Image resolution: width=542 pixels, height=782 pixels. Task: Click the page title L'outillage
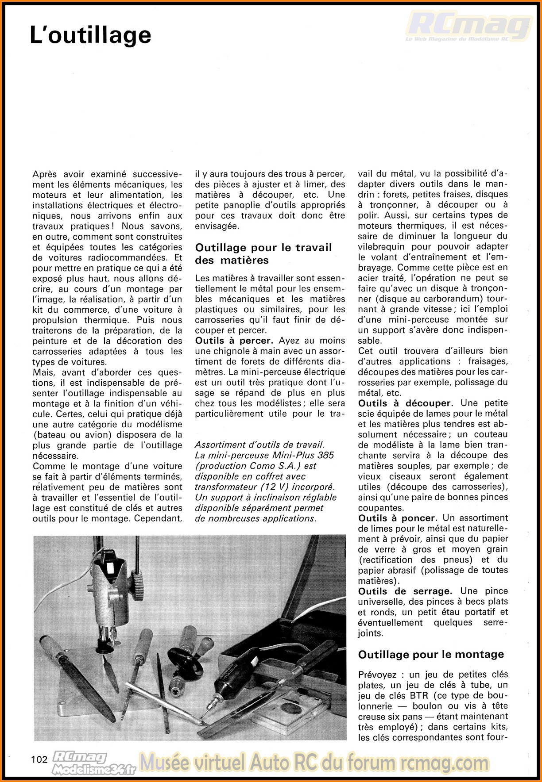[90, 35]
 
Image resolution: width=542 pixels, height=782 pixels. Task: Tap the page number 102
[39, 759]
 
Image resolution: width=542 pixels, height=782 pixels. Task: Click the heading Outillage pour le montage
[431, 654]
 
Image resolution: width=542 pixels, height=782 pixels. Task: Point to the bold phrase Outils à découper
[405, 403]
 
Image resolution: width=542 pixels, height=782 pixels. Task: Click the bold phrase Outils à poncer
[398, 517]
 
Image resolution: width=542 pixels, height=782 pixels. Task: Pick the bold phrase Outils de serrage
[405, 591]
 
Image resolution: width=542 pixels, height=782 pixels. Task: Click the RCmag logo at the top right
[469, 27]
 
